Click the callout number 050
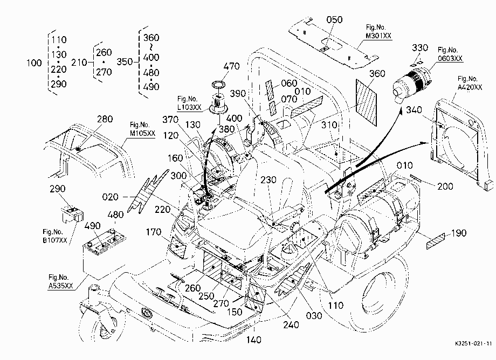click(x=334, y=19)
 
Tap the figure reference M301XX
click(x=378, y=36)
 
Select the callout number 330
click(x=420, y=48)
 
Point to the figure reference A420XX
click(x=470, y=87)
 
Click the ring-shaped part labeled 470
click(x=218, y=85)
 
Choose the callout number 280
click(x=105, y=119)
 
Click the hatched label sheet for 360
click(x=366, y=101)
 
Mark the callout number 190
click(x=459, y=233)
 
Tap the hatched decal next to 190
click(x=435, y=241)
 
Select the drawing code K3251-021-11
click(x=473, y=344)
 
